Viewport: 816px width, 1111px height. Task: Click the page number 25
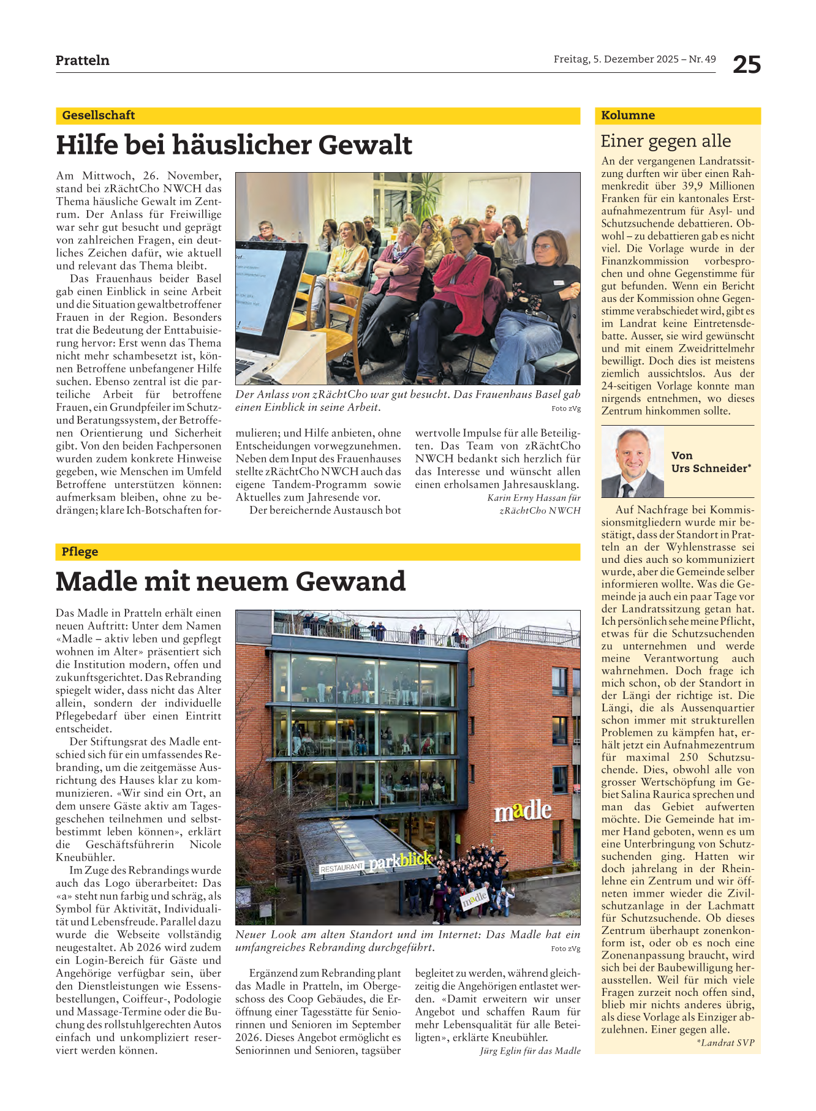click(x=747, y=64)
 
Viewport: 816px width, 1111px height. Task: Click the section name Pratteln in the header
click(x=82, y=60)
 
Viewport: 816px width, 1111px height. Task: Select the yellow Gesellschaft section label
click(x=99, y=115)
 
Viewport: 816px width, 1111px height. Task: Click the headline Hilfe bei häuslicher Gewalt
click(x=234, y=145)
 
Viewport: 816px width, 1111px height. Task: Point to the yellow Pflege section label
click(x=80, y=552)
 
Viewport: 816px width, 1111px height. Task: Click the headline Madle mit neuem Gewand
click(x=230, y=581)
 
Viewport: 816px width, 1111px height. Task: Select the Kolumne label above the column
click(x=628, y=115)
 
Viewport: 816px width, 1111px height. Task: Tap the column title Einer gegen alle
click(x=666, y=141)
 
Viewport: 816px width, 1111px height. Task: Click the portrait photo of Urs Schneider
click(x=632, y=462)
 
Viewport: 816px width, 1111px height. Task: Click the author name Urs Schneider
click(x=711, y=469)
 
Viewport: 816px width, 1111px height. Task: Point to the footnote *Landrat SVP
click(x=725, y=1042)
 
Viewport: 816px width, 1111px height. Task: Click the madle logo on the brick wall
click(x=523, y=811)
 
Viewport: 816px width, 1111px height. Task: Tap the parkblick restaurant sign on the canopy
click(x=401, y=861)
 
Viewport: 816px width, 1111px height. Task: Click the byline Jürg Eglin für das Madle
click(x=530, y=1051)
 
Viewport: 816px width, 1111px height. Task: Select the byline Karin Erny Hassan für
click(x=534, y=497)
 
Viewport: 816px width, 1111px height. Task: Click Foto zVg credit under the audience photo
click(x=565, y=409)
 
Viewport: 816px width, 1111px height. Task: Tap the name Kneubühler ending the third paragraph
click(x=85, y=857)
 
